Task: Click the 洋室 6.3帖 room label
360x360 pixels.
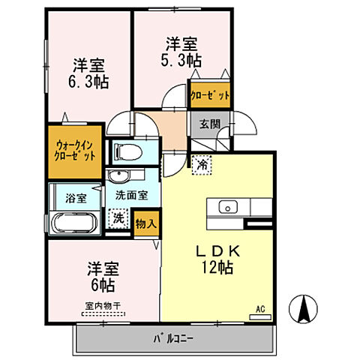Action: point(89,72)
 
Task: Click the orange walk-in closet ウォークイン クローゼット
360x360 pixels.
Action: point(75,150)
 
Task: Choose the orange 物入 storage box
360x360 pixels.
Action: point(146,222)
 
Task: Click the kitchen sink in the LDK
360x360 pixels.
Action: point(227,207)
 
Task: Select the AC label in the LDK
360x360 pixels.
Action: point(260,309)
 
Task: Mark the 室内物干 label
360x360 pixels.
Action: point(102,305)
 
